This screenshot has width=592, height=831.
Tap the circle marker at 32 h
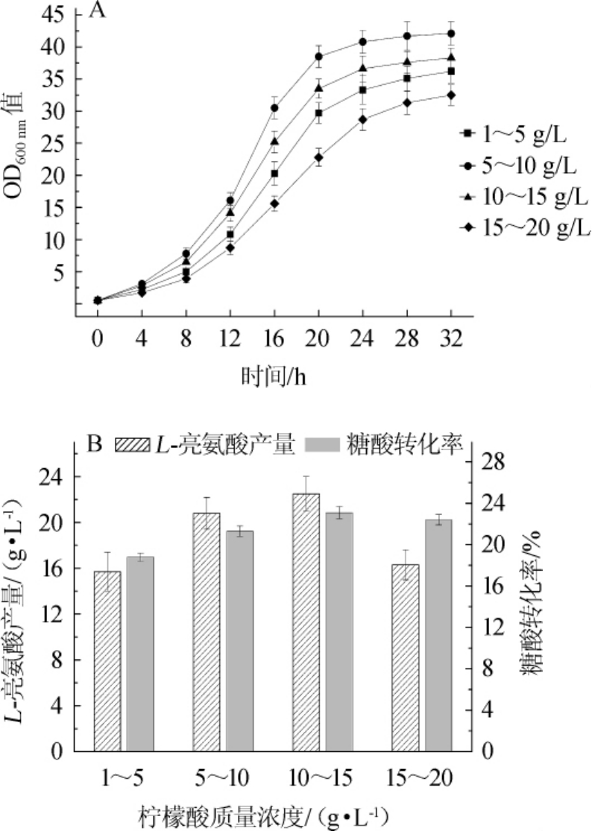(x=450, y=34)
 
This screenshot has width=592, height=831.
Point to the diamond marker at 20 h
(x=318, y=157)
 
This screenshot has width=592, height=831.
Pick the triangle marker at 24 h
(x=362, y=68)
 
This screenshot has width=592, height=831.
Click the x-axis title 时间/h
(x=273, y=376)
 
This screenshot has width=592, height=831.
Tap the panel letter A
(x=95, y=11)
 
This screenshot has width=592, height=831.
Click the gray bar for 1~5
(x=140, y=654)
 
